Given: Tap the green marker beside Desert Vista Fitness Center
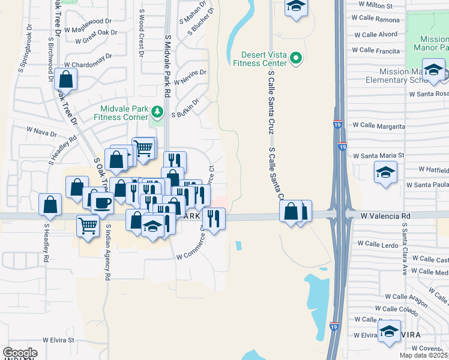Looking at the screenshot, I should [x=295, y=58].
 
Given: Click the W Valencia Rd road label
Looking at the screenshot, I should [x=385, y=215].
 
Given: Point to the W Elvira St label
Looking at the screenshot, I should [x=58, y=340].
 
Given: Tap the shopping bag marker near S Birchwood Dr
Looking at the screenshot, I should [x=66, y=79].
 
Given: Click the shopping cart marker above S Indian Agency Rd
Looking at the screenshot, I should [x=88, y=226].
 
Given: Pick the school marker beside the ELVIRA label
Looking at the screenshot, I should [x=389, y=331].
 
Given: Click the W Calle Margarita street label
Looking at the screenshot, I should [x=379, y=125].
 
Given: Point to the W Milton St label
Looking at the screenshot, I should [x=375, y=5].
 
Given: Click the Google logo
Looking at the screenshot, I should [x=19, y=353].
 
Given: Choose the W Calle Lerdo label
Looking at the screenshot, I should [x=378, y=244].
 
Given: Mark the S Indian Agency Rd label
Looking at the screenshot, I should [x=108, y=253].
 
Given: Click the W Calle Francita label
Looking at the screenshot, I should [x=376, y=51].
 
